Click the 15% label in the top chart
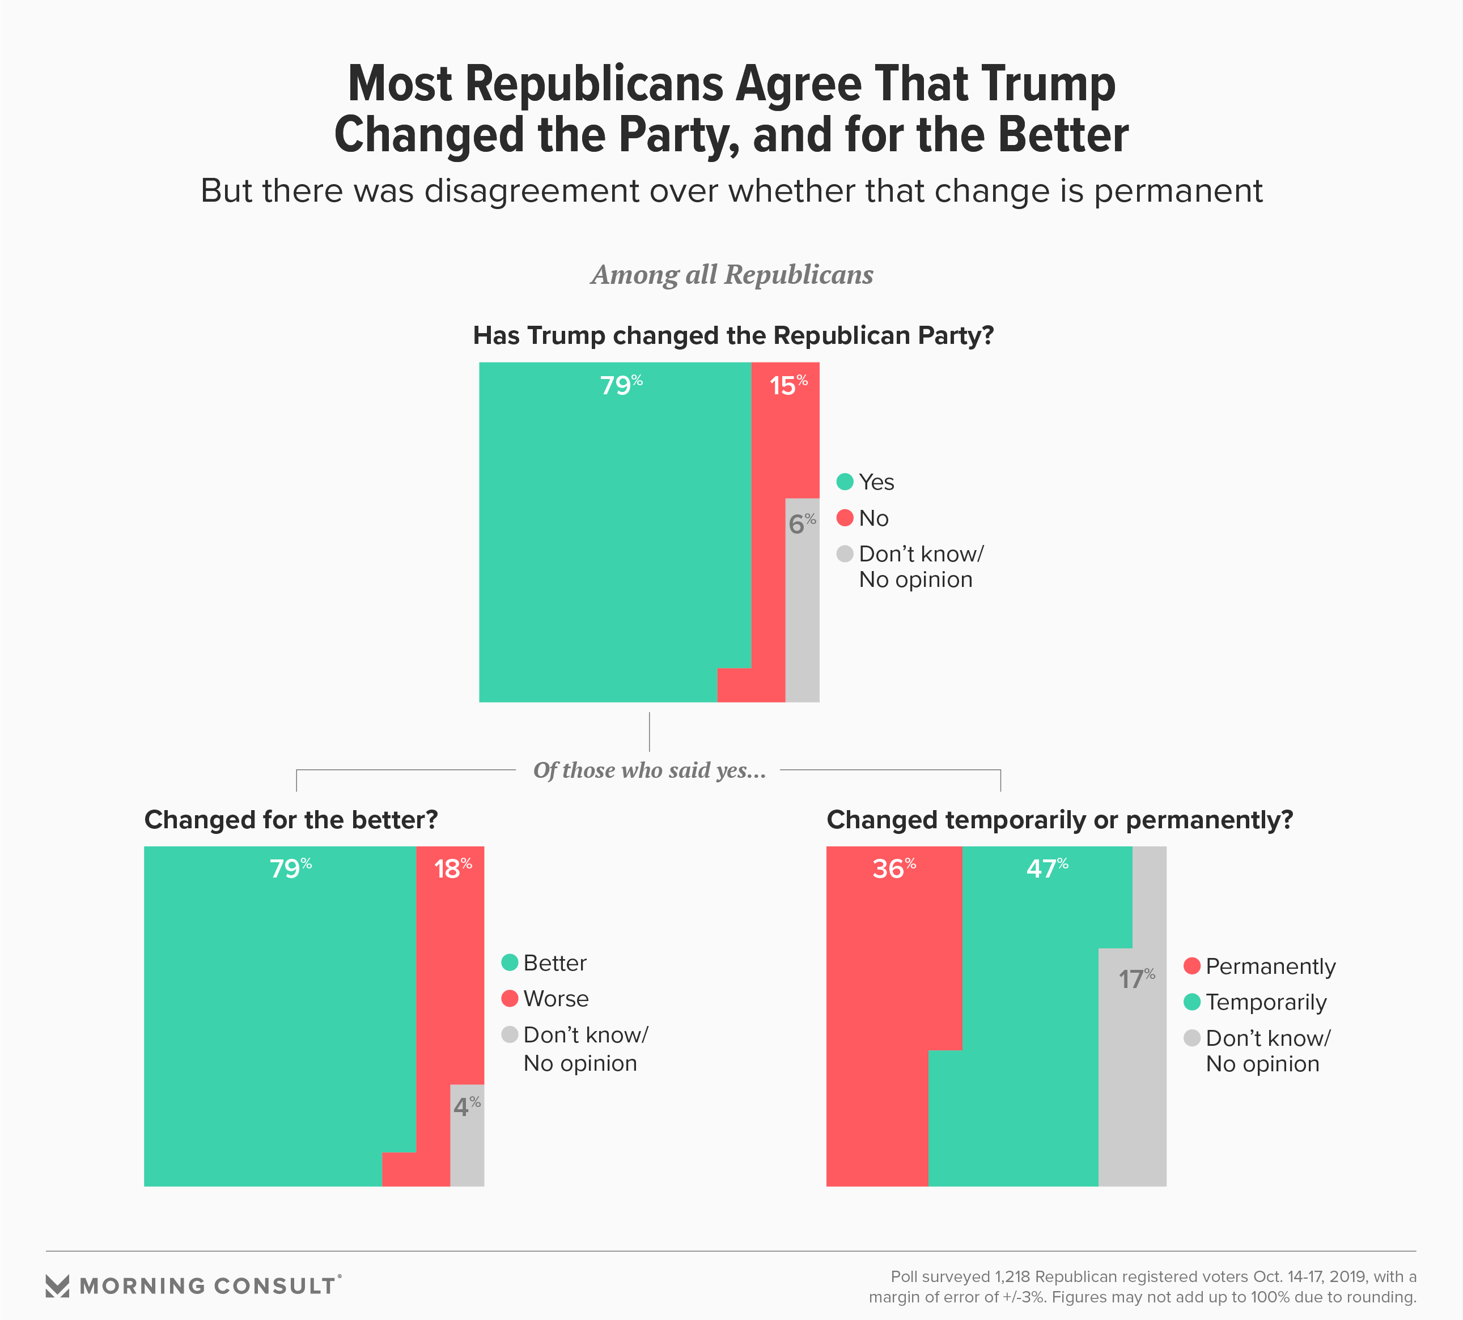(788, 385)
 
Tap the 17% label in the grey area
(1136, 979)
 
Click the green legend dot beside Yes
(845, 482)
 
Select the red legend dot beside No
(845, 518)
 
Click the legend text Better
(554, 963)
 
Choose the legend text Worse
(556, 999)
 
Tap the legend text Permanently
(1270, 967)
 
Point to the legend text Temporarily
(1266, 1002)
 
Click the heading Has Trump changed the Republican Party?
(733, 336)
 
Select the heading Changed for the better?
(291, 820)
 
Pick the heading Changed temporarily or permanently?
(1059, 820)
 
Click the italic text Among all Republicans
(732, 275)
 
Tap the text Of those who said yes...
(649, 770)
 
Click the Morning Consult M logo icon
(57, 1286)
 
